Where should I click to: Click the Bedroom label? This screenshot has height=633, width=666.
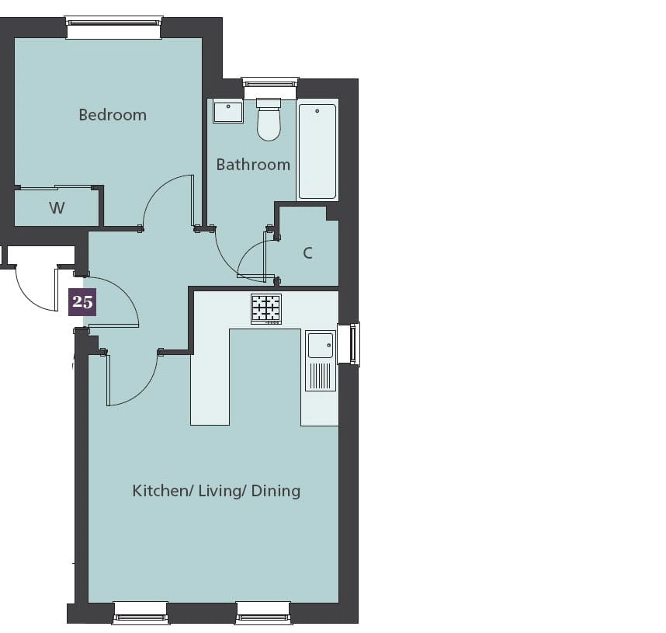[x=113, y=115]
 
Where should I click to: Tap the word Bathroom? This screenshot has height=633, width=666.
[x=253, y=165]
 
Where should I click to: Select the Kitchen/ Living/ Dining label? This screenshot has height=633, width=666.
[x=217, y=491]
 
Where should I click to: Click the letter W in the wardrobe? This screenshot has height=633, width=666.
[x=57, y=208]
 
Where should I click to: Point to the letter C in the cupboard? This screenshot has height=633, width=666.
[x=308, y=253]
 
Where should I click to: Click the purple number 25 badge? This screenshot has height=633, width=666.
[x=82, y=302]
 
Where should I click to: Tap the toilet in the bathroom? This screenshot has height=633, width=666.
[x=269, y=120]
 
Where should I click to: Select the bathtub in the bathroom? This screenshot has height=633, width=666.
[x=317, y=151]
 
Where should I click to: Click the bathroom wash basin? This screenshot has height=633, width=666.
[x=228, y=112]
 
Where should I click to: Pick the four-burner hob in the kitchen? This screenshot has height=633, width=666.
[x=266, y=309]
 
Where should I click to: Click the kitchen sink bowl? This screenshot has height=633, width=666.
[x=321, y=346]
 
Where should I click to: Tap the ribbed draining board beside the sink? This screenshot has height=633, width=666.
[x=321, y=376]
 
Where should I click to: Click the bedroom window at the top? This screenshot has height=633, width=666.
[x=114, y=28]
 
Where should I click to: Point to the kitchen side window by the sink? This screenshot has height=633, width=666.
[x=349, y=343]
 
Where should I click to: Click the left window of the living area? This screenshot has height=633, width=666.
[x=141, y=613]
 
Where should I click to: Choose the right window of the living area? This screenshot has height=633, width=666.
[x=263, y=613]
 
